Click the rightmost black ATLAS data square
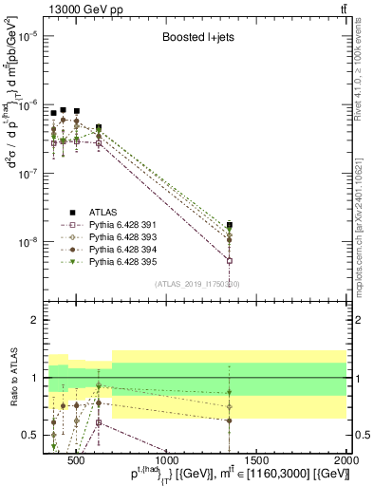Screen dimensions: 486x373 (x=229, y=225)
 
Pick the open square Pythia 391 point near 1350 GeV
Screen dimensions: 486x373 (x=229, y=260)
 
